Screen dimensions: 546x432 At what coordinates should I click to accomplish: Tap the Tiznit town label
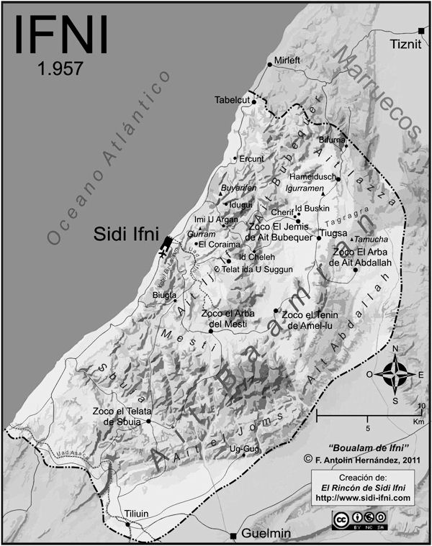(404, 45)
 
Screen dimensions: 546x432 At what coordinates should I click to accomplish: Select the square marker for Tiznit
(421, 29)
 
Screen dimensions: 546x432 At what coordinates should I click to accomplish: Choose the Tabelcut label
(230, 100)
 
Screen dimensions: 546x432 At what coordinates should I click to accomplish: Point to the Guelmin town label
(264, 536)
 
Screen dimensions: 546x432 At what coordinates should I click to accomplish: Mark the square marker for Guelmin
(233, 536)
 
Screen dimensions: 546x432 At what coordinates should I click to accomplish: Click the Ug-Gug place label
(243, 449)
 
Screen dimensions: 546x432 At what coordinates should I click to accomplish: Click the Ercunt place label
(252, 158)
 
